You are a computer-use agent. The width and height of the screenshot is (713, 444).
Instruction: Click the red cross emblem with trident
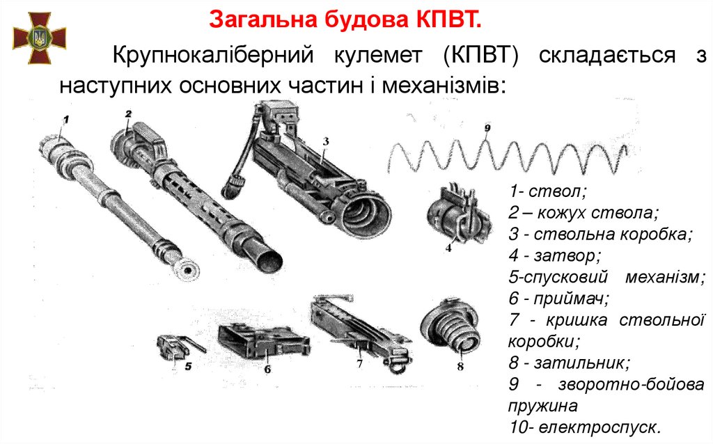pyautogui.click(x=40, y=38)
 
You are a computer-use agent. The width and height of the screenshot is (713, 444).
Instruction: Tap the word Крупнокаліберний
pyautogui.click(x=213, y=56)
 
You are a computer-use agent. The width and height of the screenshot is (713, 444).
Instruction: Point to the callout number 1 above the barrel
pyautogui.click(x=66, y=120)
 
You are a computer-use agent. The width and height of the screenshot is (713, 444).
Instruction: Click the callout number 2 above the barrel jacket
pyautogui.click(x=129, y=113)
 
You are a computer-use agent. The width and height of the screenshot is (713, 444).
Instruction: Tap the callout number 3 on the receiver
pyautogui.click(x=326, y=141)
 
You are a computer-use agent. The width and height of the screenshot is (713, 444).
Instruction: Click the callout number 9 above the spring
pyautogui.click(x=487, y=127)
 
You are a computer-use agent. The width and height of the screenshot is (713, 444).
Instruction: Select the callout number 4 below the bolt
pyautogui.click(x=449, y=248)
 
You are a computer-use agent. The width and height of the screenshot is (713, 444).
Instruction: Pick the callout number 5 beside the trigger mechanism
pyautogui.click(x=188, y=366)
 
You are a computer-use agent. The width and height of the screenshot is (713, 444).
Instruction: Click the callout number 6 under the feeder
pyautogui.click(x=267, y=369)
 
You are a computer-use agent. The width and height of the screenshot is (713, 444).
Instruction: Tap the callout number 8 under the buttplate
pyautogui.click(x=460, y=366)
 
